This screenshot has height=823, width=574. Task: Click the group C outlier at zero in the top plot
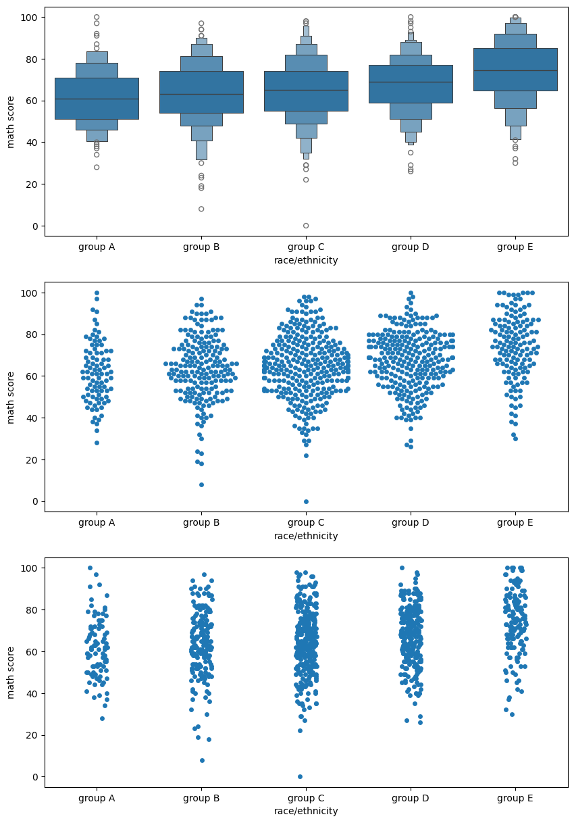(306, 226)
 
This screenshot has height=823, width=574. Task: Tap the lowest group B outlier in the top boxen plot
(201, 209)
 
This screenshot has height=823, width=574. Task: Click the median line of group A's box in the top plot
(97, 99)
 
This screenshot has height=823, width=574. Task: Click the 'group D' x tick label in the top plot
(411, 247)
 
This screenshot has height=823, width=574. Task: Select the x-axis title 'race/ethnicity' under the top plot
(306, 260)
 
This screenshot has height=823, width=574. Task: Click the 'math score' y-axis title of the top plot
(11, 122)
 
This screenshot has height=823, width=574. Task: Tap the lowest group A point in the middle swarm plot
(97, 443)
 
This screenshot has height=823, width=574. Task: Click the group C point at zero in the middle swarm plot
(306, 501)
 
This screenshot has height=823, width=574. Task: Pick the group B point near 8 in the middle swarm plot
(201, 484)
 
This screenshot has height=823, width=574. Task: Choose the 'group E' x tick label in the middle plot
(515, 522)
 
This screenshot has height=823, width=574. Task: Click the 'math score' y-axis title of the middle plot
(11, 397)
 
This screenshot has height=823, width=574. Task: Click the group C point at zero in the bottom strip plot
(300, 776)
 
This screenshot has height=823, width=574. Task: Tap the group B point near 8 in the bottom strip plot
(202, 760)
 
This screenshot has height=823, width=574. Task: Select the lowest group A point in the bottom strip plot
(102, 718)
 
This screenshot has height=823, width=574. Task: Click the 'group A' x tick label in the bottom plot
(97, 798)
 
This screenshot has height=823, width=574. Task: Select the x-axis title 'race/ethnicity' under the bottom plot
(306, 811)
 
